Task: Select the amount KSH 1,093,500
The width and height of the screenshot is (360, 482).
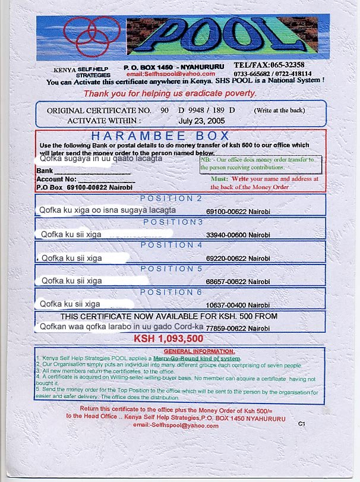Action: click(x=169, y=339)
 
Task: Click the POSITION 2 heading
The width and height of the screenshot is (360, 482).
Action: click(x=170, y=199)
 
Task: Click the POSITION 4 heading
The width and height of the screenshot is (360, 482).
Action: click(x=171, y=245)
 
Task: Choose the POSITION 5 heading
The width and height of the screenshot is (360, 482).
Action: click(x=171, y=269)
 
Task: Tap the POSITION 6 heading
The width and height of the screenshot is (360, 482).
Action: click(x=171, y=292)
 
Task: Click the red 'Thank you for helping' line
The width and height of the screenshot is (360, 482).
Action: click(x=170, y=93)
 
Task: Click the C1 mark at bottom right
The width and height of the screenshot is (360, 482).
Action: click(x=302, y=424)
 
